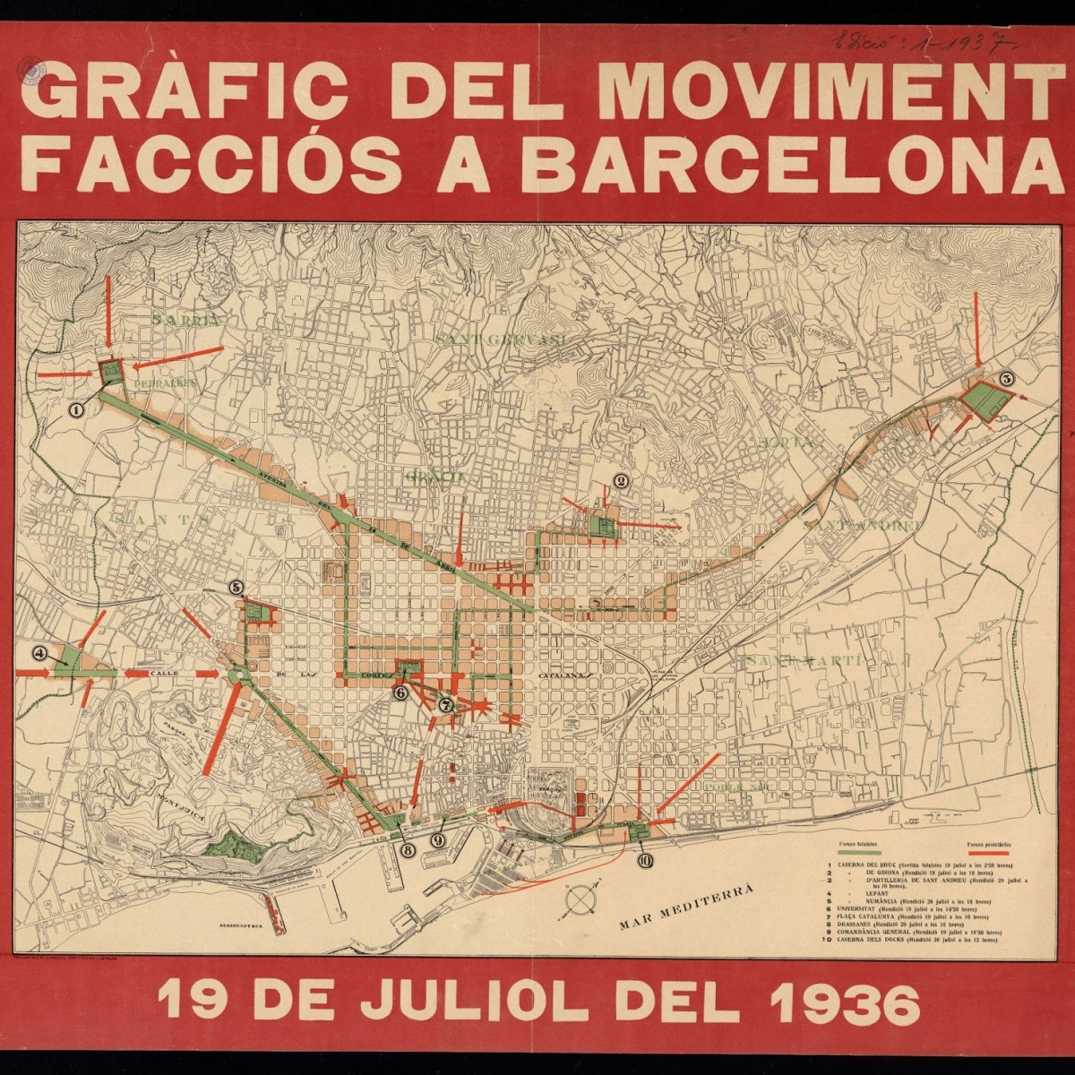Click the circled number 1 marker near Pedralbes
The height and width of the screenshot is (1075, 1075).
pyautogui.click(x=76, y=410)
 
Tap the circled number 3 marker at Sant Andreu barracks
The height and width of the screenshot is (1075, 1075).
pyautogui.click(x=1006, y=379)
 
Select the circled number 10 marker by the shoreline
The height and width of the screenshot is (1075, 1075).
pyautogui.click(x=645, y=859)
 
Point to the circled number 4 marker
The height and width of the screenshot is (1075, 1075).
pyautogui.click(x=39, y=653)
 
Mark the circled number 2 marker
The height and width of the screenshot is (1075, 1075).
pyautogui.click(x=619, y=480)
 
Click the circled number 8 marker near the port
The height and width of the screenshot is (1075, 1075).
pyautogui.click(x=408, y=850)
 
